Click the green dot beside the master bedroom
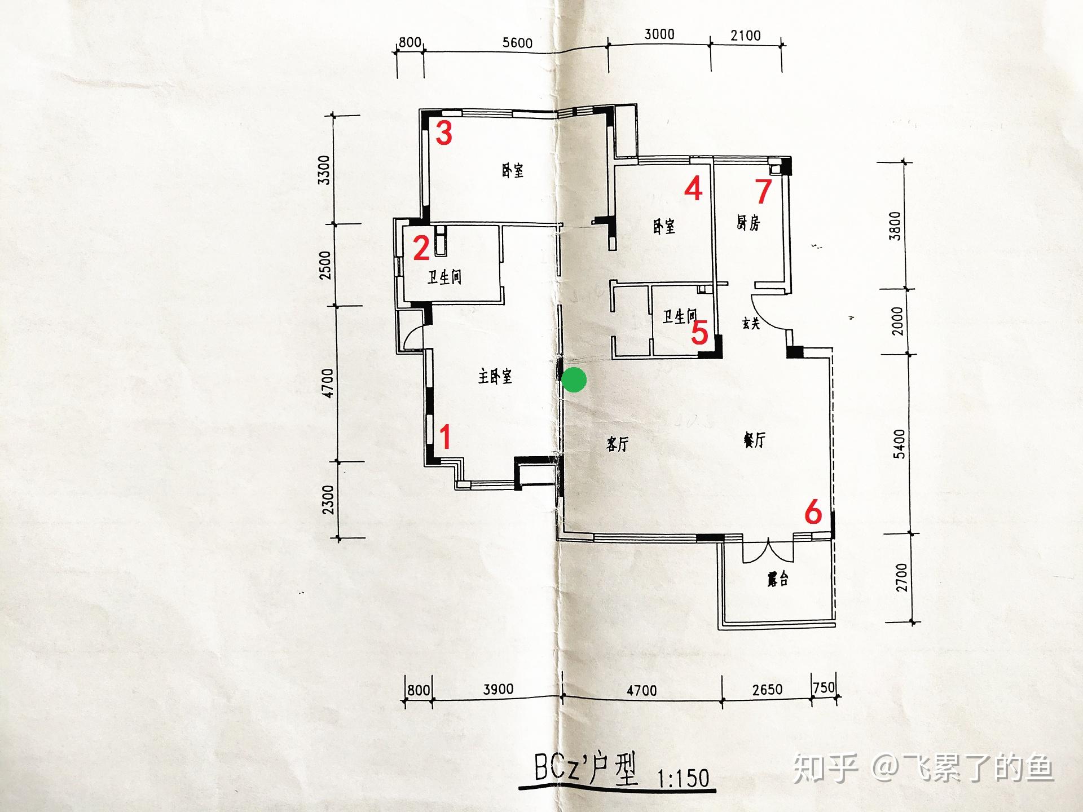pyautogui.click(x=575, y=379)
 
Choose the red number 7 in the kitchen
pyautogui.click(x=763, y=191)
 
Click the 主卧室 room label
pyautogui.click(x=495, y=376)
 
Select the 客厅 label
pyautogui.click(x=617, y=444)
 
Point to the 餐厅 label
pyautogui.click(x=754, y=440)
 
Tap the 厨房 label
pyautogui.click(x=748, y=223)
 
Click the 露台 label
pyautogui.click(x=777, y=579)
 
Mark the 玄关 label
pyautogui.click(x=751, y=323)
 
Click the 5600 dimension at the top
pyautogui.click(x=517, y=43)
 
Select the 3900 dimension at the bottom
pyautogui.click(x=498, y=689)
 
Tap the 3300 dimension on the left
pyautogui.click(x=324, y=170)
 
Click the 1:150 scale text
pyautogui.click(x=683, y=778)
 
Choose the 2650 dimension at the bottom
pyautogui.click(x=767, y=689)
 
